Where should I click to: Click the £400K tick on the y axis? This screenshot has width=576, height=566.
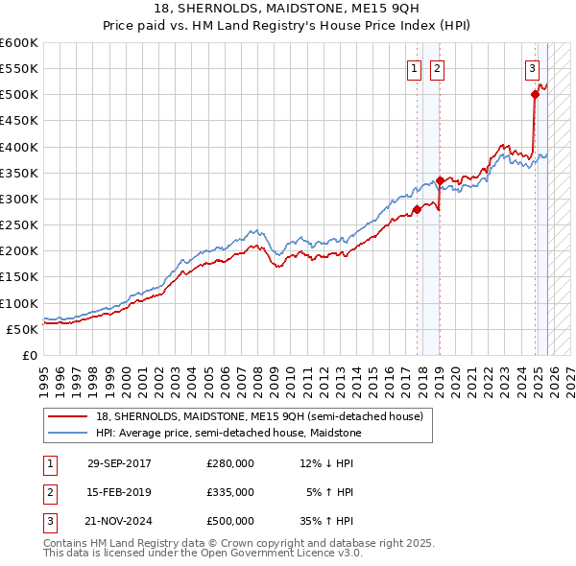(19, 147)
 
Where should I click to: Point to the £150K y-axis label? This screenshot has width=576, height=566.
(19, 277)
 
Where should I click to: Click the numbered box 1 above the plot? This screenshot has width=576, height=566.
(414, 68)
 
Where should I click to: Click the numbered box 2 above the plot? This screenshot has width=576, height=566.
(437, 68)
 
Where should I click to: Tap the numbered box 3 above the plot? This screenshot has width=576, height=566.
(532, 68)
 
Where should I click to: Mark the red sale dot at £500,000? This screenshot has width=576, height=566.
(535, 94)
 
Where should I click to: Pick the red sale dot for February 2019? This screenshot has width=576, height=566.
(440, 180)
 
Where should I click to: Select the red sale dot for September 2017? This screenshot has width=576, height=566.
(417, 209)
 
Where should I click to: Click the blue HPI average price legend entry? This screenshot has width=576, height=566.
(228, 434)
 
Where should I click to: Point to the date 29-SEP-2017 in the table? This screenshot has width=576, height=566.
(119, 463)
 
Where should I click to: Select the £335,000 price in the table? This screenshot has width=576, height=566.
(229, 492)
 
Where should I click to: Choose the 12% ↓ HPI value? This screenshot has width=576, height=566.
(326, 463)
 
